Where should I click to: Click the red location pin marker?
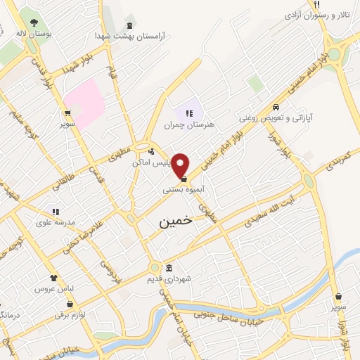pos(181,165)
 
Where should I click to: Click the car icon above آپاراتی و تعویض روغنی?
pos(277,107)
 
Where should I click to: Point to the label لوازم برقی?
pos(69,315)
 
